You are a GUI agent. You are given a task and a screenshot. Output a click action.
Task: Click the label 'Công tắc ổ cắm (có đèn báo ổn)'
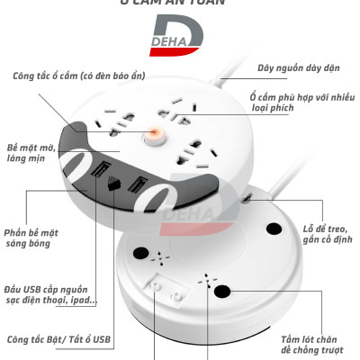(78, 76)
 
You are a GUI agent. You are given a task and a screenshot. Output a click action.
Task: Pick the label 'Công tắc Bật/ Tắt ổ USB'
(59, 339)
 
